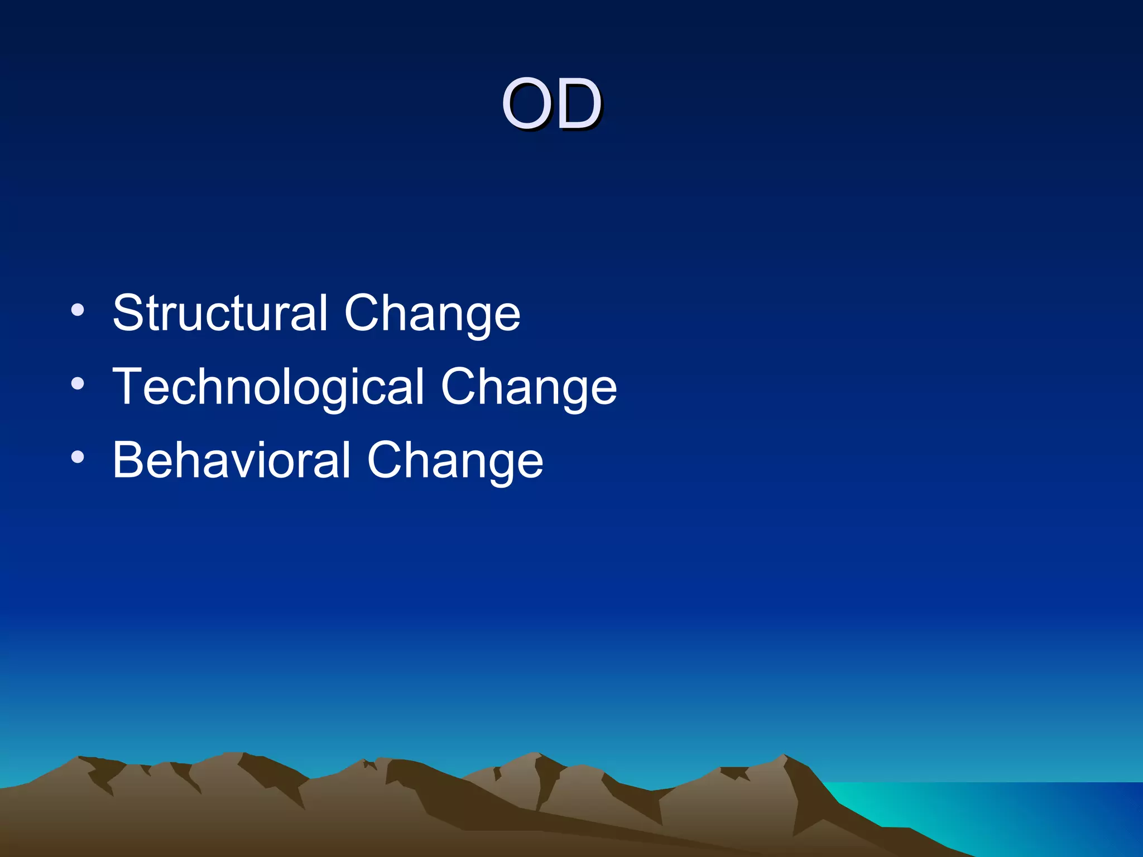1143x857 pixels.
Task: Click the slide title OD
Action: coord(551,104)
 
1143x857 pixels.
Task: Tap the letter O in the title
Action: coord(525,104)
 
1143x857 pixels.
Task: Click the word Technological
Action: coord(268,388)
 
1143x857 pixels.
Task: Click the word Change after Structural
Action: coord(433,314)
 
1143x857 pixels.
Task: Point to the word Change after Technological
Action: coord(529,388)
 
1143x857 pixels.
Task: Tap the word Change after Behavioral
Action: coord(455,461)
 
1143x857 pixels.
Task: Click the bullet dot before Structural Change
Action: coord(78,310)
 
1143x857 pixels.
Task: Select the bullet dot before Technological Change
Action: coord(78,383)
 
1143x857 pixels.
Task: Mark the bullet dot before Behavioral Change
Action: coord(78,457)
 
